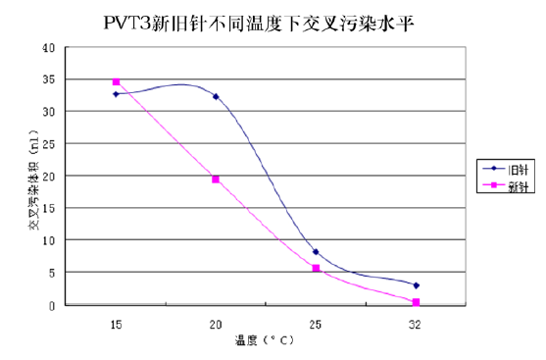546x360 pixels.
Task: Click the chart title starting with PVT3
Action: (x=272, y=23)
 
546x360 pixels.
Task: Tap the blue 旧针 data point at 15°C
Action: (x=116, y=94)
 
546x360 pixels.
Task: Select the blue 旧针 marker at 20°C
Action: (x=216, y=96)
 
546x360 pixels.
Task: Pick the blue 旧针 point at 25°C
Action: (x=316, y=252)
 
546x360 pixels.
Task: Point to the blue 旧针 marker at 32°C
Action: (x=416, y=285)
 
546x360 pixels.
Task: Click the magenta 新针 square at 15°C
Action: (x=116, y=82)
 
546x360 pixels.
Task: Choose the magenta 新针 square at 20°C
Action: (x=216, y=180)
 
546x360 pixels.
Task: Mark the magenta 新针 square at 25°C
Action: (x=316, y=268)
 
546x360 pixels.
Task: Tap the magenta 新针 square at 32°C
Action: (x=416, y=302)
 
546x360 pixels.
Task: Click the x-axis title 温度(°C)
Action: (x=264, y=340)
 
